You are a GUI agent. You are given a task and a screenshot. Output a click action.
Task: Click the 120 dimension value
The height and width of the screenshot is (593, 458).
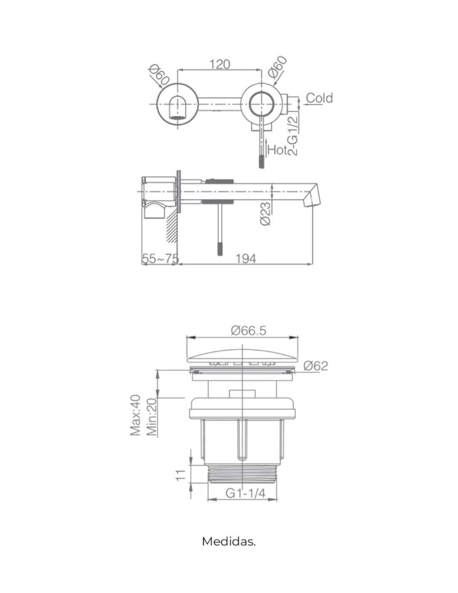[x=219, y=64]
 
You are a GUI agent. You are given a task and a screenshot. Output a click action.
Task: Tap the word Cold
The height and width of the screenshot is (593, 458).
[x=319, y=98]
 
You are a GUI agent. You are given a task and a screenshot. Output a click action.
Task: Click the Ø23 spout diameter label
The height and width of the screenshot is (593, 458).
[x=266, y=213]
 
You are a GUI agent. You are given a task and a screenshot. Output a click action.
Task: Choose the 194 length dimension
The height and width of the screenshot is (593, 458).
[x=246, y=259]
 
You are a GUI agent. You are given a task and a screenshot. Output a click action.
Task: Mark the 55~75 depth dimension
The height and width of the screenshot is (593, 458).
[x=160, y=259]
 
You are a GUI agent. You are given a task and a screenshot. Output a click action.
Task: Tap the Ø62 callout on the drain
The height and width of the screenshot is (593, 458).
[x=316, y=366]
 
